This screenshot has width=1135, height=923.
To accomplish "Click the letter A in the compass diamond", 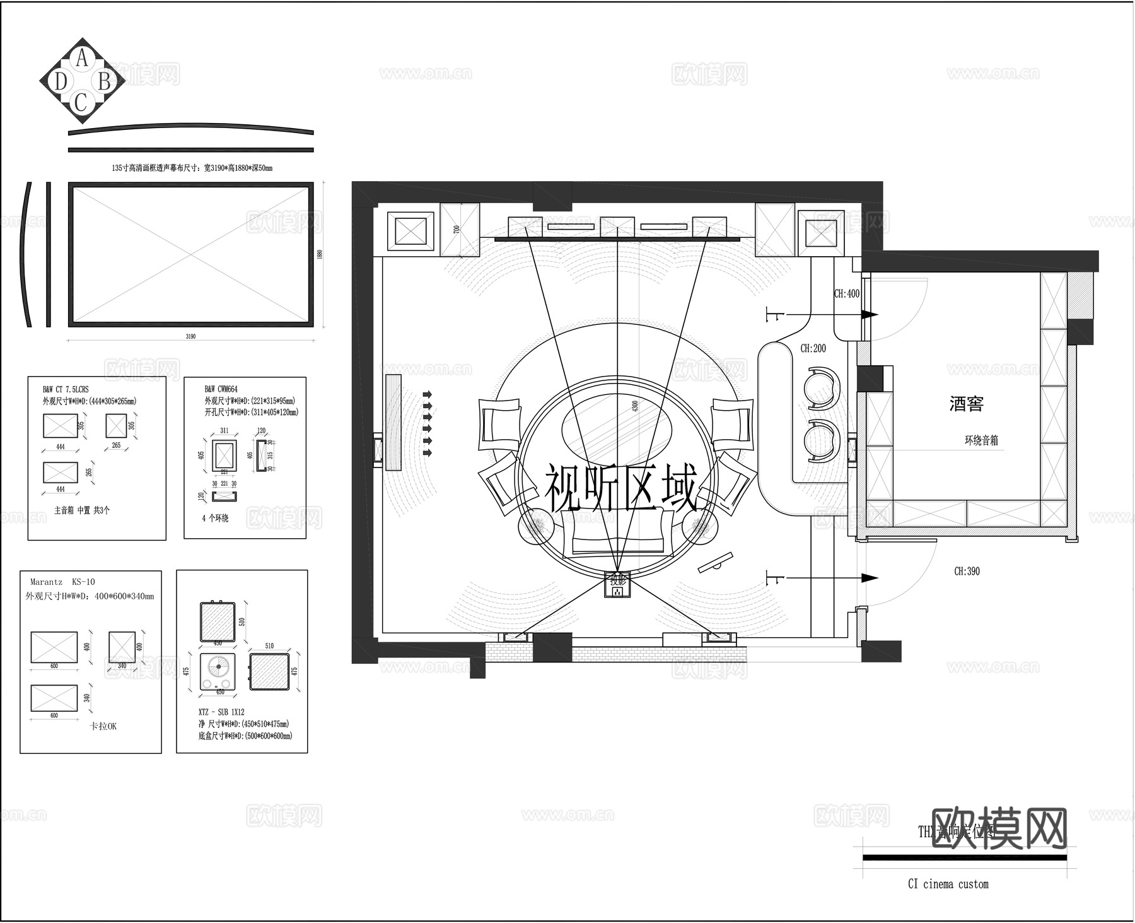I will (81, 59).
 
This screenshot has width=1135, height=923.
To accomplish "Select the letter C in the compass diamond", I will (80, 102).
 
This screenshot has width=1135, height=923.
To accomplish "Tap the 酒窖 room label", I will (966, 404).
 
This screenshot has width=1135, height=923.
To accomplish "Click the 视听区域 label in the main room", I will (620, 489).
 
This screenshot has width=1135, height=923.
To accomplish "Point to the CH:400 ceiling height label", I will (846, 293).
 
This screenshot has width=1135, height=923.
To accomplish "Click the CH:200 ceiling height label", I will (813, 348).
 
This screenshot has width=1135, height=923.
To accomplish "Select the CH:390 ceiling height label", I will (967, 572).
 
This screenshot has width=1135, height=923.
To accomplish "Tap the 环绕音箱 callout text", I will (981, 440).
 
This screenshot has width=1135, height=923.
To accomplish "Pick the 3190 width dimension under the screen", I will (190, 336).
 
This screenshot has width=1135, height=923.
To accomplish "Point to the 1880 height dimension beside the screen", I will (320, 254).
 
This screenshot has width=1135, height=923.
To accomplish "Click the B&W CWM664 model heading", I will (221, 389).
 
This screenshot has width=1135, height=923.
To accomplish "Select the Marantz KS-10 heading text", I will (62, 582).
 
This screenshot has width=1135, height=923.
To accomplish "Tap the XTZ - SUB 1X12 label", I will (221, 712).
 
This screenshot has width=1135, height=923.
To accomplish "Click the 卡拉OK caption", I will (103, 726).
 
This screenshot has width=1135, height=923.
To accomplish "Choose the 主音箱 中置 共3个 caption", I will (81, 510).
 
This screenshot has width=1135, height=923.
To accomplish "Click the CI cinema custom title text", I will (948, 884).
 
